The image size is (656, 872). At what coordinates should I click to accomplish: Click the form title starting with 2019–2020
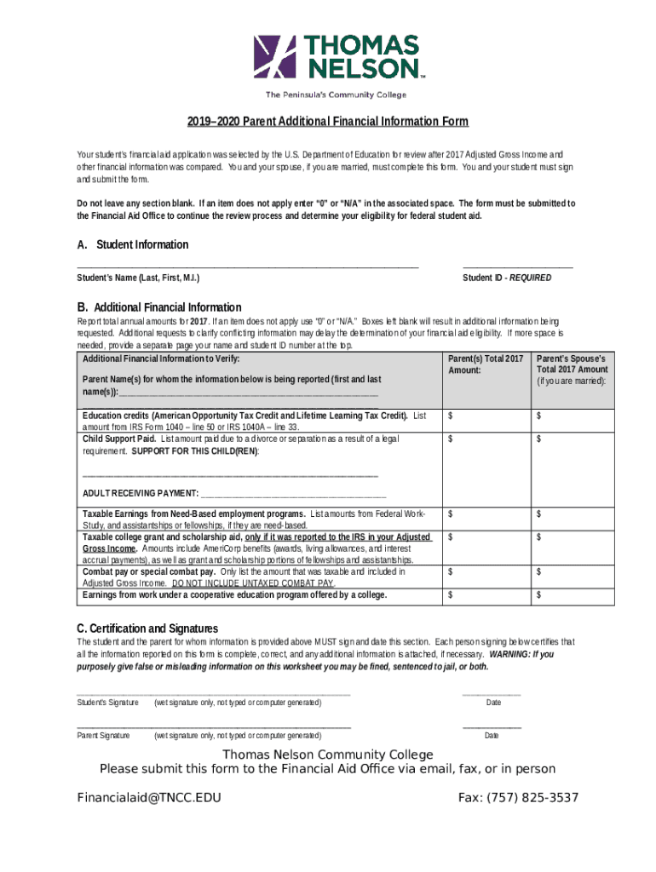(x=327, y=122)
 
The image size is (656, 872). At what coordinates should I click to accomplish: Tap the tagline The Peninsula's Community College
(x=336, y=95)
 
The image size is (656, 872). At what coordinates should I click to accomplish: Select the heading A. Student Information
(x=132, y=245)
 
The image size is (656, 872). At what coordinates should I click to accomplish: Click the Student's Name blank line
(x=247, y=267)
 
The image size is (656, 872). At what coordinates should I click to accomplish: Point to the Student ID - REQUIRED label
(x=506, y=278)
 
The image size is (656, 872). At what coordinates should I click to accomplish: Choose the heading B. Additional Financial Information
(x=158, y=307)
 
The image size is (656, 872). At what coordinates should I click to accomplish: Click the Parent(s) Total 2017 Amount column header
(x=485, y=364)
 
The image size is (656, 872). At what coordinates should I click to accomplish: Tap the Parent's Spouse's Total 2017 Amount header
(x=572, y=370)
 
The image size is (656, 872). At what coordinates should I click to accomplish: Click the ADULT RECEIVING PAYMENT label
(x=141, y=493)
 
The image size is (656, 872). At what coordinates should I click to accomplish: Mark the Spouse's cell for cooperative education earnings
(x=572, y=595)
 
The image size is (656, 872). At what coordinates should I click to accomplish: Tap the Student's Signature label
(x=107, y=703)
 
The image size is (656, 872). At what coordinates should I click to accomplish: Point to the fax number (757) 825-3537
(x=518, y=798)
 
